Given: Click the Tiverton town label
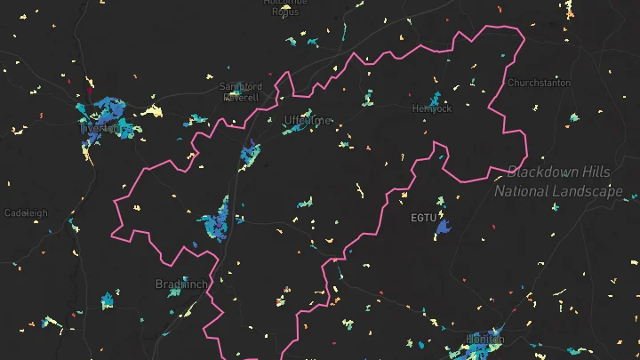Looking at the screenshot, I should [100, 128].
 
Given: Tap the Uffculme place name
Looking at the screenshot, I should [307, 120].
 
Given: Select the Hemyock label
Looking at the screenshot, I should [432, 108].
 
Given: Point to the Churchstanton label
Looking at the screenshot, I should [539, 83].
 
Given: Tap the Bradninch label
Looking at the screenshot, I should [180, 284].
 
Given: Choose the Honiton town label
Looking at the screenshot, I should [485, 339].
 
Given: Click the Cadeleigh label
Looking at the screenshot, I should [26, 213].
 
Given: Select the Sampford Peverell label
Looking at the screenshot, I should [241, 92].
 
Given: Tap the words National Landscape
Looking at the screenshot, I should [558, 191].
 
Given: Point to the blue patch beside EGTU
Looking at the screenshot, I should [443, 227].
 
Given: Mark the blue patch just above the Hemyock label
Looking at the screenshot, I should [436, 97].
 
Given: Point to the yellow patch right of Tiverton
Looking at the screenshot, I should [152, 111].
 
